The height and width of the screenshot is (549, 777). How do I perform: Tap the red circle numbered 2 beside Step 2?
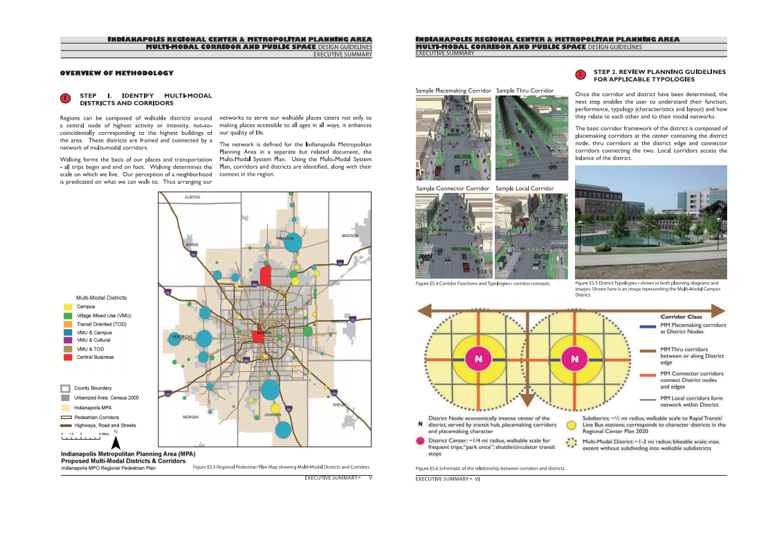point(581,75)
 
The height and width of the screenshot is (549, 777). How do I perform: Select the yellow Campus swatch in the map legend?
point(68,306)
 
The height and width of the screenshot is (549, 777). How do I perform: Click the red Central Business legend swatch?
point(68,357)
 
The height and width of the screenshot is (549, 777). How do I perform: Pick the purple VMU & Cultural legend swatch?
point(68,340)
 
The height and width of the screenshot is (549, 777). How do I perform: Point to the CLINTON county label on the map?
point(192,198)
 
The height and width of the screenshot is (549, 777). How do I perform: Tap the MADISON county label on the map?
point(350,236)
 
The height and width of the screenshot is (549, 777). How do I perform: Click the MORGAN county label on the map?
point(190,417)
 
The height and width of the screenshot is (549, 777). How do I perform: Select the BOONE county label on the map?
point(192,245)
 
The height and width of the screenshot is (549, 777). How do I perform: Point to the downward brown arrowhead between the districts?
point(525,400)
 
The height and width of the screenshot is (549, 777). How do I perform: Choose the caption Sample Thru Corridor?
point(524,91)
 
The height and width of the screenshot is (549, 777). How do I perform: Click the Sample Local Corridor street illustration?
point(531,236)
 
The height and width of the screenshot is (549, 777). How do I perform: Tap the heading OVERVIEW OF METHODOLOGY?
point(116,73)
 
